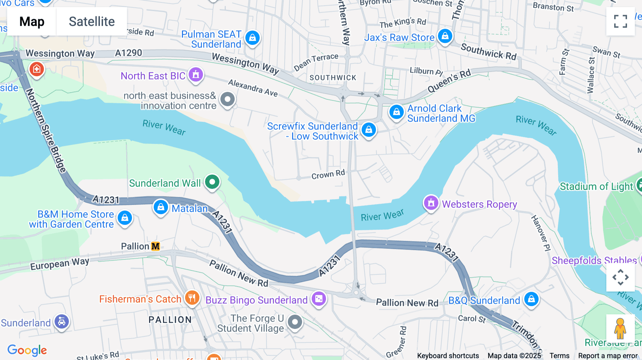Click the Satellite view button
[x=92, y=21]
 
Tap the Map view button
[x=32, y=21]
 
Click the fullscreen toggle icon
[x=620, y=21]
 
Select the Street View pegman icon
[x=620, y=329]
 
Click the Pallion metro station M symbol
[x=156, y=246]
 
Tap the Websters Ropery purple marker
[x=431, y=203]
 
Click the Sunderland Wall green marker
[x=213, y=182]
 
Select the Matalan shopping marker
[x=161, y=207]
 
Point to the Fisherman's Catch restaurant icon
[x=192, y=298]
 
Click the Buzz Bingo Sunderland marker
[x=319, y=299]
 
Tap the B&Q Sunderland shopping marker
[x=531, y=299]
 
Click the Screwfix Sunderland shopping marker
[x=369, y=130]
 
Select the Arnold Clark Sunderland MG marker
[x=396, y=112]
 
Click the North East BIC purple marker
[x=196, y=74]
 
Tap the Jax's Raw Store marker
[x=445, y=36]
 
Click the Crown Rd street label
[x=328, y=174]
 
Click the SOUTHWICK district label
[x=333, y=78]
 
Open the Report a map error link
[x=608, y=356]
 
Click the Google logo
[x=27, y=350]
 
